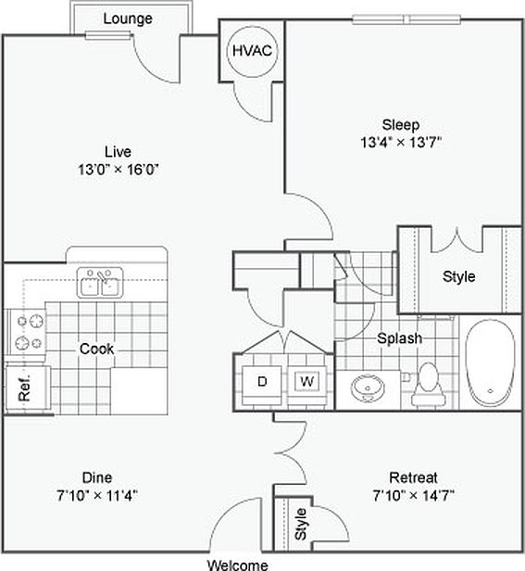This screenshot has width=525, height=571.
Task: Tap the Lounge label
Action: click(128, 19)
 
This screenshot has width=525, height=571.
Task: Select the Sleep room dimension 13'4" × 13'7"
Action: click(401, 142)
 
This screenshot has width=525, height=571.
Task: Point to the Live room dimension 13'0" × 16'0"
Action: click(119, 170)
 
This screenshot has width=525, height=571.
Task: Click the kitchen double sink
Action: click(100, 283)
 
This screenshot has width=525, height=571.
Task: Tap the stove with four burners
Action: click(27, 332)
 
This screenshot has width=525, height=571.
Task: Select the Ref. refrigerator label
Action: click(24, 387)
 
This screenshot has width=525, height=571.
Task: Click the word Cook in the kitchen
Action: click(96, 349)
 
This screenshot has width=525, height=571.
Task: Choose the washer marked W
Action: click(306, 383)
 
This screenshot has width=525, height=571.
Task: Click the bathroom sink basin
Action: click(368, 388)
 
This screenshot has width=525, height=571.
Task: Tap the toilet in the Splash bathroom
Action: click(429, 384)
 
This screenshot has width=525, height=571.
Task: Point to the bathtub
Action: click(491, 362)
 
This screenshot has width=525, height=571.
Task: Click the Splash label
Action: click(399, 338)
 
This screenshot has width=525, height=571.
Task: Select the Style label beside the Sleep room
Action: click(458, 277)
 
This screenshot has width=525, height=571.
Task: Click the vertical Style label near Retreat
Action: click(301, 524)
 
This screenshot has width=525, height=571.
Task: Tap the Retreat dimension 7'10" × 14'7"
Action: click(414, 496)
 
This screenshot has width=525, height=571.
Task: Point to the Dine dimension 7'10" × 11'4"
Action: click(97, 496)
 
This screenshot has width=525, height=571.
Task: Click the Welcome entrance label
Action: click(238, 565)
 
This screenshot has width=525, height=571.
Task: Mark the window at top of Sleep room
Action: click(406, 19)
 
